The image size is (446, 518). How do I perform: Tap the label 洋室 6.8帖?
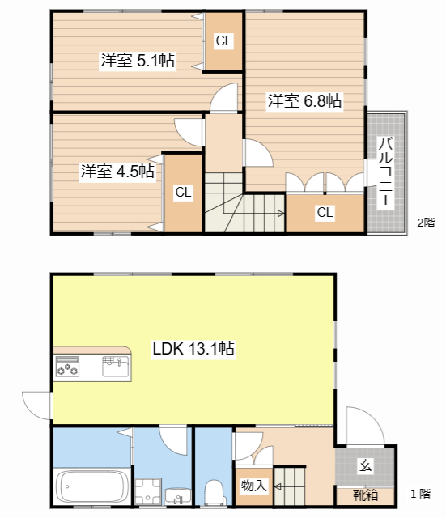(x=304, y=101)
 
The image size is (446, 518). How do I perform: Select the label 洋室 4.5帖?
(x=117, y=172)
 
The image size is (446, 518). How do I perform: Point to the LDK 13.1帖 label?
(x=194, y=349)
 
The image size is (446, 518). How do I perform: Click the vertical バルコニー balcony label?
(x=386, y=172)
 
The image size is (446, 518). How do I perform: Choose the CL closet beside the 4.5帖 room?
(x=184, y=193)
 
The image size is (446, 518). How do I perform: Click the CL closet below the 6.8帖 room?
(x=325, y=213)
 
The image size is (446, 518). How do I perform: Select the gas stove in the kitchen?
(x=66, y=368)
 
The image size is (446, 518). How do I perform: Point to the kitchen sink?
(x=113, y=367)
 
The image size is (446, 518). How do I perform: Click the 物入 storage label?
(x=253, y=486)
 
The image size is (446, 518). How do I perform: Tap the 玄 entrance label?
(x=365, y=466)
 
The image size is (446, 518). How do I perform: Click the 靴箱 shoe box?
(x=365, y=494)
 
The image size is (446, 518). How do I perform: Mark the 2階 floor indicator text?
(x=426, y=222)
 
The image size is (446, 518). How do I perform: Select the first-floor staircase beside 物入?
(x=289, y=486)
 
